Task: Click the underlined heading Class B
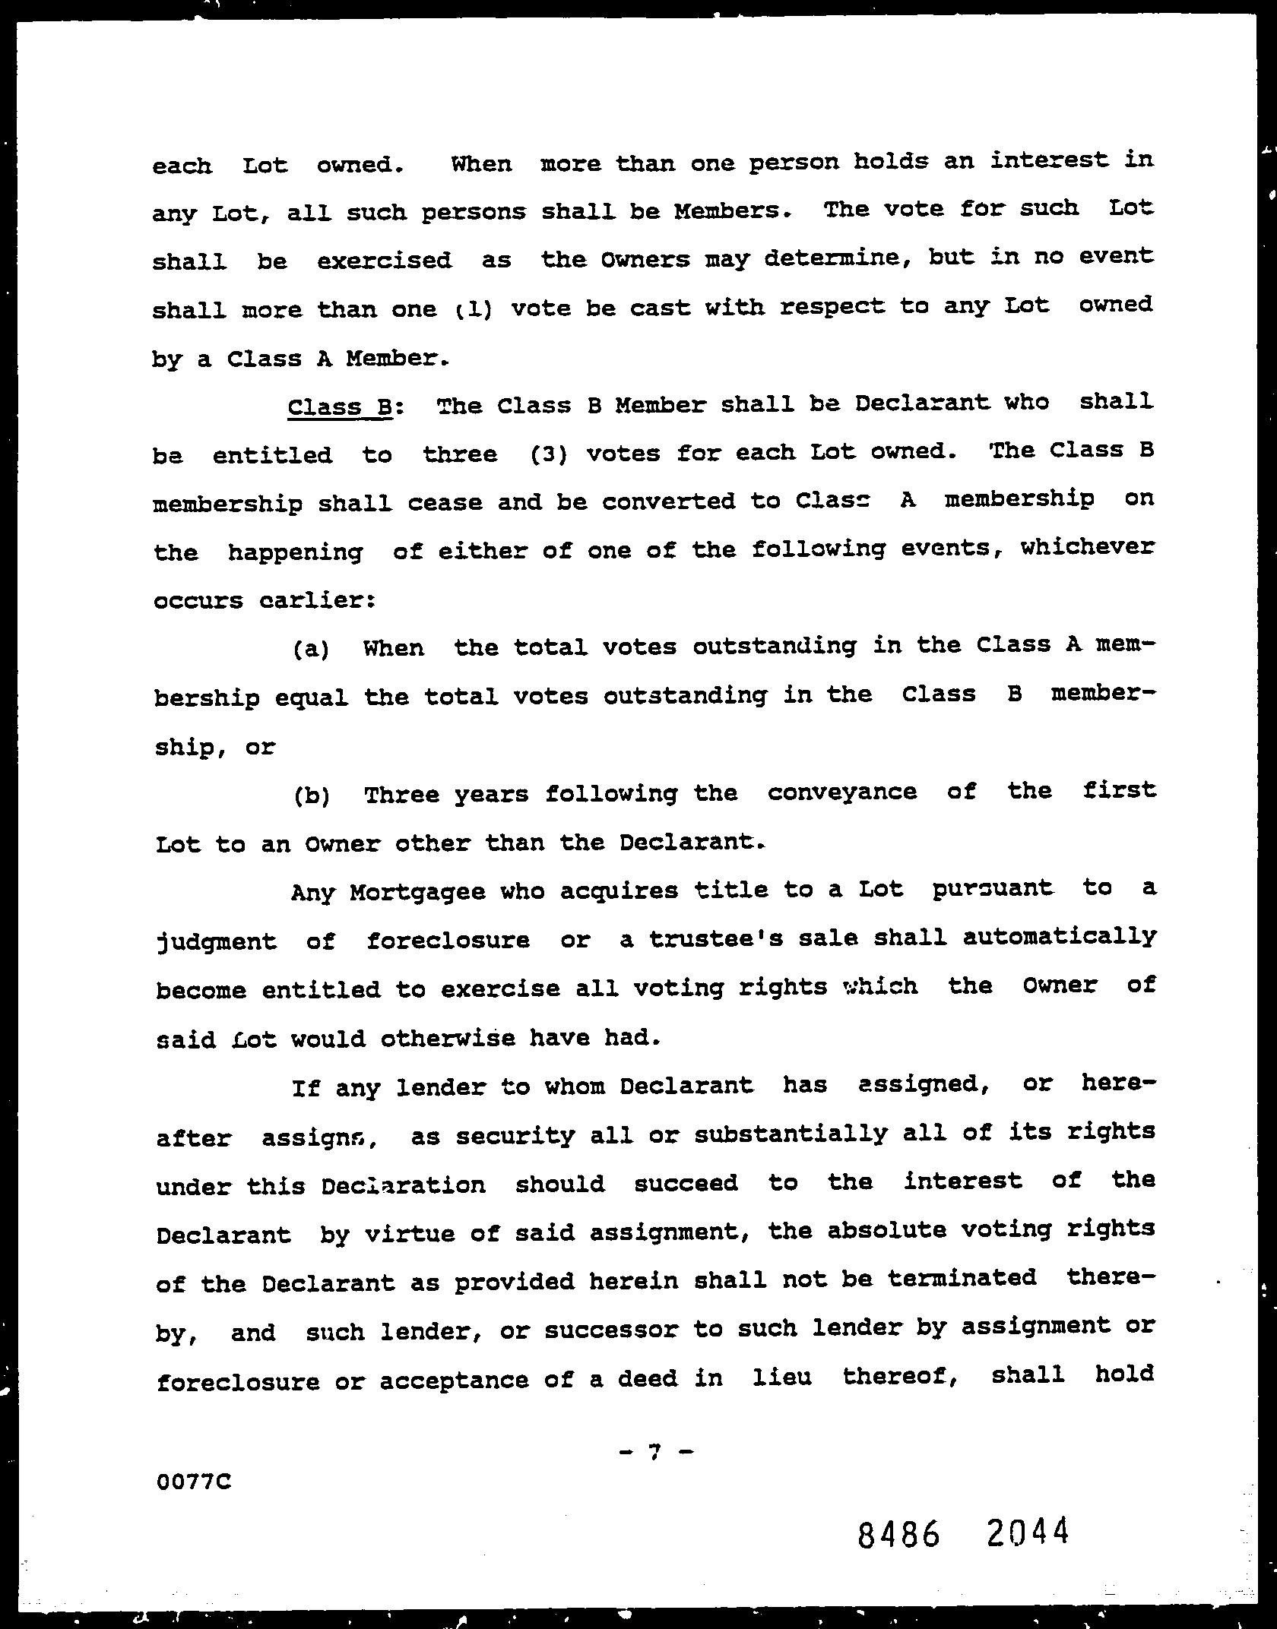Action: pos(339,407)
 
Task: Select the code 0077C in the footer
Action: pos(192,1482)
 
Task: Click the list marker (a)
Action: pos(311,650)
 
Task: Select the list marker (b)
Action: pos(311,796)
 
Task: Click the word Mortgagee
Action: pos(417,891)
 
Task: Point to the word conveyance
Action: pos(841,792)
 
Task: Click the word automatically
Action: pos(1059,936)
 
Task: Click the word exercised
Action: pos(384,261)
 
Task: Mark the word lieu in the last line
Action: pos(781,1376)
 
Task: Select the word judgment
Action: pos(216,942)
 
